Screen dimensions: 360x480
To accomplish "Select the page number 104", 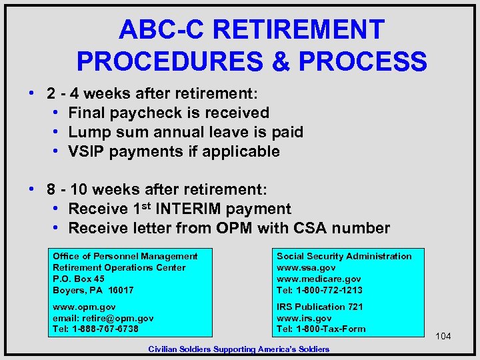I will (443, 336).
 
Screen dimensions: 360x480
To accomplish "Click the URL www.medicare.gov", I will (319, 279).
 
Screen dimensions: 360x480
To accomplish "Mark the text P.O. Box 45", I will (79, 279).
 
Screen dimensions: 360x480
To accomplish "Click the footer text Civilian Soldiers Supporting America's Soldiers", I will (239, 349).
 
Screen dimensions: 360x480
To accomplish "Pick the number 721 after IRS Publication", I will (355, 307).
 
